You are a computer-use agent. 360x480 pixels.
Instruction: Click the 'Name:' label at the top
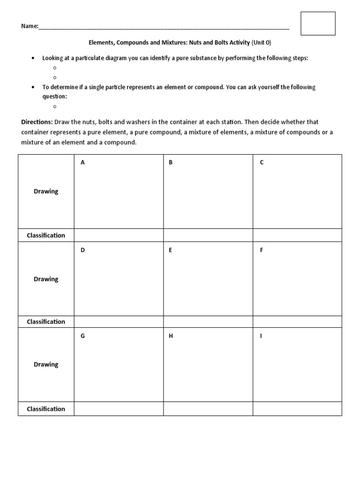(x=29, y=26)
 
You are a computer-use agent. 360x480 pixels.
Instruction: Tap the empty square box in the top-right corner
(x=318, y=23)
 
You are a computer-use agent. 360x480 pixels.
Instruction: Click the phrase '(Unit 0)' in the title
(x=262, y=42)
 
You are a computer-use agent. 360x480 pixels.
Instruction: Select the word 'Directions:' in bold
(x=37, y=122)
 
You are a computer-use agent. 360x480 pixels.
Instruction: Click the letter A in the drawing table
(x=82, y=163)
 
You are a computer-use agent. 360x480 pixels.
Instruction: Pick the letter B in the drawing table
(x=171, y=163)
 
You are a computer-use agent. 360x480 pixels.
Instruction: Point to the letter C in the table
(x=262, y=163)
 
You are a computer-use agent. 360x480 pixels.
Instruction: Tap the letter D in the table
(x=82, y=250)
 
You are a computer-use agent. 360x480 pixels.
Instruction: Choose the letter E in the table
(x=171, y=250)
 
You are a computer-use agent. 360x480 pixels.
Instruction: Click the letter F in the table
(x=262, y=250)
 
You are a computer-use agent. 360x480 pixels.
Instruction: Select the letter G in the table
(x=82, y=337)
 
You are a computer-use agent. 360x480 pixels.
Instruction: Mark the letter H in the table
(x=171, y=337)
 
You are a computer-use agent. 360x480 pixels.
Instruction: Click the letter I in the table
(x=261, y=337)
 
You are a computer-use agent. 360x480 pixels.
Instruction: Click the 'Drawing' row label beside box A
(x=46, y=191)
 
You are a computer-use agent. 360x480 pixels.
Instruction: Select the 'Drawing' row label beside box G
(x=46, y=364)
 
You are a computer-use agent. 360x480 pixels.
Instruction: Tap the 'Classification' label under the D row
(x=46, y=322)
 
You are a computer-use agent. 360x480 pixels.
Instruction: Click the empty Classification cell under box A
(x=119, y=235)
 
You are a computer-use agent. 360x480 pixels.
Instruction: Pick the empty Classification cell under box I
(x=297, y=409)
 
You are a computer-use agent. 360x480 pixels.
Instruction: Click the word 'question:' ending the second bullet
(x=55, y=96)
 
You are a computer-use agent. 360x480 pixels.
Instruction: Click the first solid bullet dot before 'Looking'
(x=32, y=58)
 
